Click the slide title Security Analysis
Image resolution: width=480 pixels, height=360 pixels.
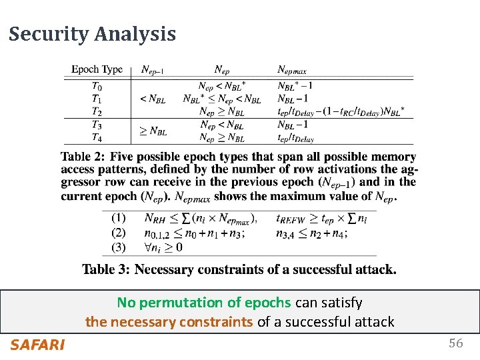click(92, 34)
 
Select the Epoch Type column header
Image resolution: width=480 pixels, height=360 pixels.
click(97, 69)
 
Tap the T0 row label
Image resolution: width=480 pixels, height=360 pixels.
click(97, 85)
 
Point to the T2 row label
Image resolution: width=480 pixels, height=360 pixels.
click(97, 112)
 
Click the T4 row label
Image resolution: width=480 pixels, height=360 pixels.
click(97, 138)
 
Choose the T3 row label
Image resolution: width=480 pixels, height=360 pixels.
click(97, 125)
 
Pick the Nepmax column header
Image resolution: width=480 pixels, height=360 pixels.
click(295, 69)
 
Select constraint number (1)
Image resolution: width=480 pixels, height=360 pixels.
click(118, 217)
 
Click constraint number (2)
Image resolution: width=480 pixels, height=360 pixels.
click(118, 233)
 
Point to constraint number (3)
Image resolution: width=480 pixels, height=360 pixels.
click(118, 247)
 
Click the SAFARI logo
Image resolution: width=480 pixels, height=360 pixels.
click(37, 345)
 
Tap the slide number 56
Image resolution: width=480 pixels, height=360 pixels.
click(456, 343)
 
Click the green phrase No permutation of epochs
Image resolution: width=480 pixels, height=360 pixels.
click(204, 303)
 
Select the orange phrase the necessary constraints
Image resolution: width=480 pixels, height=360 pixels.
click(169, 322)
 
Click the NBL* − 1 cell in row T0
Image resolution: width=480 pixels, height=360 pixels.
click(295, 85)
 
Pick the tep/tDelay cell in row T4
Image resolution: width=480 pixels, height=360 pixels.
click(295, 138)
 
